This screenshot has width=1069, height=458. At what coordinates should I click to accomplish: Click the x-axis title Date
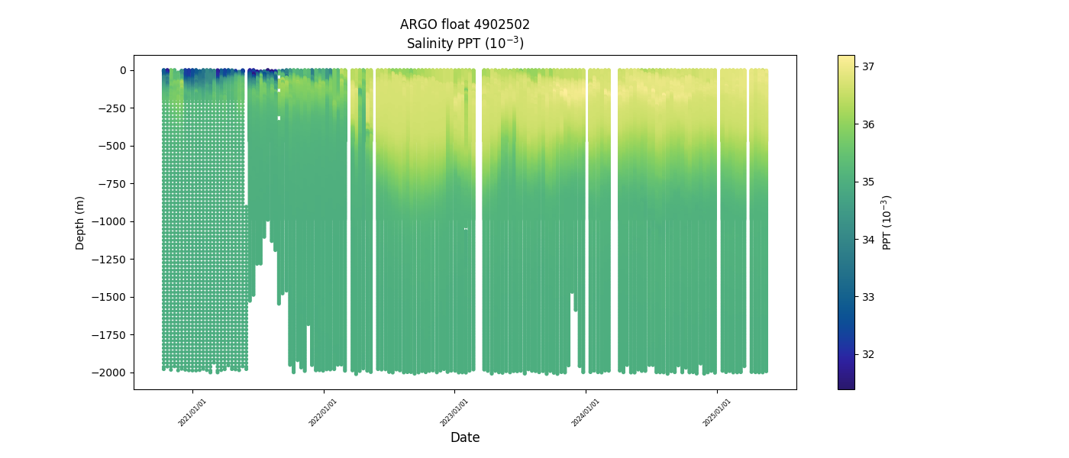(465, 438)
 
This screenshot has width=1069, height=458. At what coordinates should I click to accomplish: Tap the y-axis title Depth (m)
(80, 222)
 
